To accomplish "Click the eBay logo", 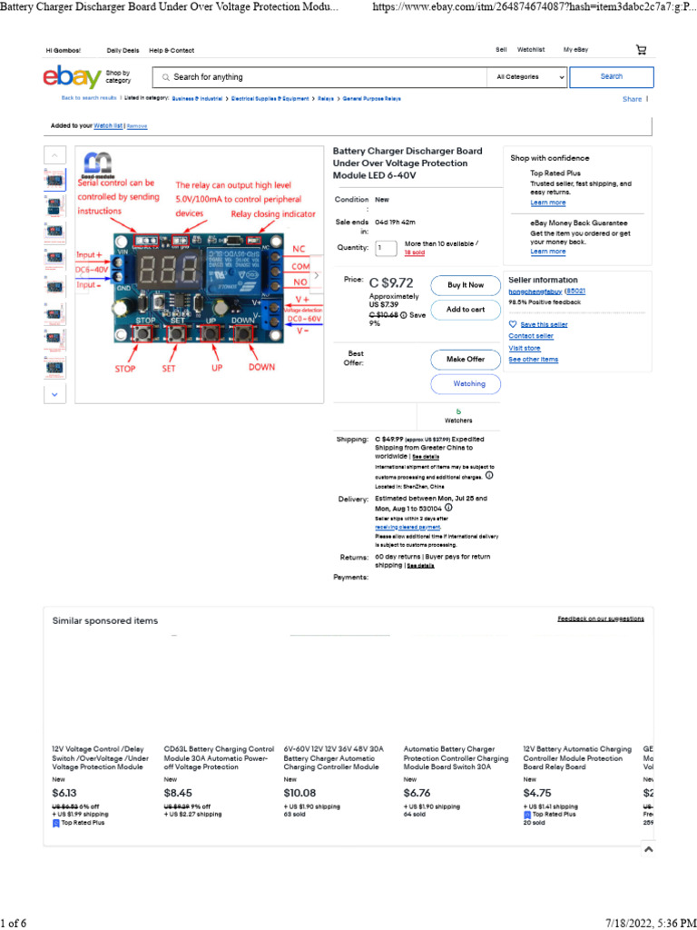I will pos(72,78).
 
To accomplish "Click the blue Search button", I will pos(612,77).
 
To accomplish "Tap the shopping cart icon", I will pos(642,50).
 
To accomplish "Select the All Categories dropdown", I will pos(531,77).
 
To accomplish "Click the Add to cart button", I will pos(465,310).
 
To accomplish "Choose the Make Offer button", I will pos(465,359).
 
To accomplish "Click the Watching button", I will pos(469,384).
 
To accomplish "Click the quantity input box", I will pos(386,248).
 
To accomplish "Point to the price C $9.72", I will pos(391,282).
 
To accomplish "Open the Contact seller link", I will pos(531,336).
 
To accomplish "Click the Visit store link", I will pos(525,348).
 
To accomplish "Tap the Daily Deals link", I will pos(123,50).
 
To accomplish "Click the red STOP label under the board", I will pos(125,369).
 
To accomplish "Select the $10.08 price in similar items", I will pos(299,793).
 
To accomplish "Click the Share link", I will pos(632,99).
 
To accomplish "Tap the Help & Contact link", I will pos(171,50).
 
